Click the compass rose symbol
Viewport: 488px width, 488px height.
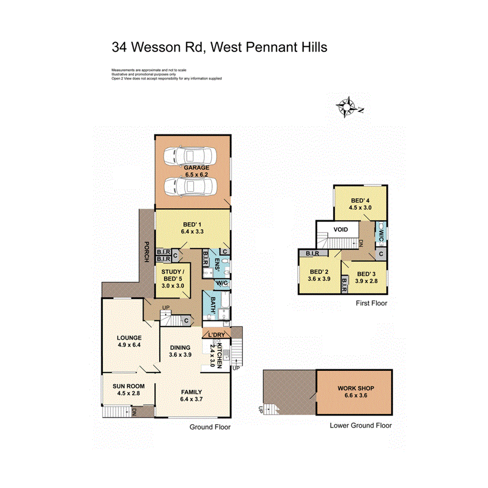click(x=346, y=106)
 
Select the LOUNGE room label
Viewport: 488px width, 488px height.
click(x=129, y=338)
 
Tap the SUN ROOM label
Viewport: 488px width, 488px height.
click(x=128, y=386)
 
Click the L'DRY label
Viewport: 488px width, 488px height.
click(x=216, y=335)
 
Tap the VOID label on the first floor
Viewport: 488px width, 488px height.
click(x=341, y=229)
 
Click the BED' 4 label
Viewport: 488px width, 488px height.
click(x=360, y=201)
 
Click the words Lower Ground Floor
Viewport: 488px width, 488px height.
click(x=360, y=426)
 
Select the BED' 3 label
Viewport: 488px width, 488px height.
click(x=367, y=274)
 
